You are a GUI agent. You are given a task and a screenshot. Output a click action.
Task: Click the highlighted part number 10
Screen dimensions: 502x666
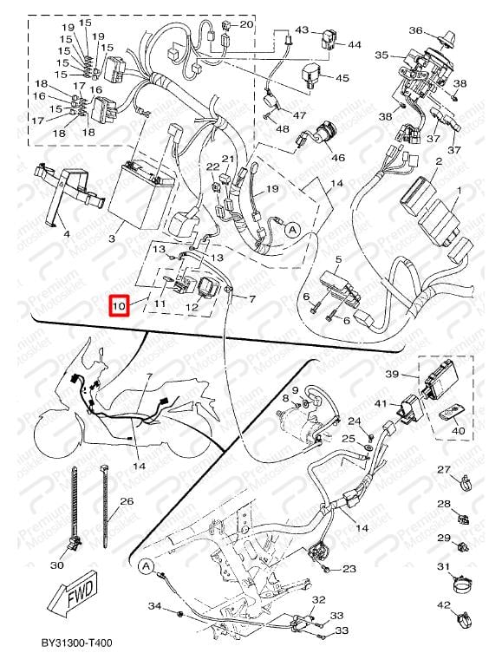click(x=121, y=305)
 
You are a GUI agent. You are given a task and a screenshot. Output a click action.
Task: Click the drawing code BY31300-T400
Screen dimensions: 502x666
click(x=76, y=643)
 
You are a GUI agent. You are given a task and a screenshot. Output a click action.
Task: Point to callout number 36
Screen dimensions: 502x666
click(x=416, y=30)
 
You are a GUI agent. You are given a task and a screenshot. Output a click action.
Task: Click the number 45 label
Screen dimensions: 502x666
click(x=342, y=78)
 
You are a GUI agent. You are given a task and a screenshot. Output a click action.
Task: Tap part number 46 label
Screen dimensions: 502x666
click(x=338, y=158)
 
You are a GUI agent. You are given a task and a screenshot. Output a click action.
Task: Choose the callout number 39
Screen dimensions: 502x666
click(x=392, y=375)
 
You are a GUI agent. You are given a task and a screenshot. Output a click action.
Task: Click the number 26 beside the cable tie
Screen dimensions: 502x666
click(x=127, y=501)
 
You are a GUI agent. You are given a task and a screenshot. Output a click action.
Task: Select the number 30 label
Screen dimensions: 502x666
click(x=57, y=565)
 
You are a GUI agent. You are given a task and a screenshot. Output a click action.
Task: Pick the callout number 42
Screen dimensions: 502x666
click(x=443, y=605)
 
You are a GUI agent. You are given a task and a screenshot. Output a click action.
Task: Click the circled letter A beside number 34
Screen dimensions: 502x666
click(x=146, y=566)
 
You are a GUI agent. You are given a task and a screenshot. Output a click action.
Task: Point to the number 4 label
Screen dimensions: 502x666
click(x=67, y=233)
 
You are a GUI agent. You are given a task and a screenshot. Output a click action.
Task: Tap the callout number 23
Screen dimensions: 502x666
click(x=349, y=569)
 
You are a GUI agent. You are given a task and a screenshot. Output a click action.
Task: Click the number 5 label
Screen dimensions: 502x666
click(x=338, y=259)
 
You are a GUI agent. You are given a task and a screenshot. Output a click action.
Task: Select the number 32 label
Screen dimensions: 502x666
click(x=318, y=599)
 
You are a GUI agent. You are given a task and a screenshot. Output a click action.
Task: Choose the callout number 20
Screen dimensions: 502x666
click(x=246, y=24)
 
